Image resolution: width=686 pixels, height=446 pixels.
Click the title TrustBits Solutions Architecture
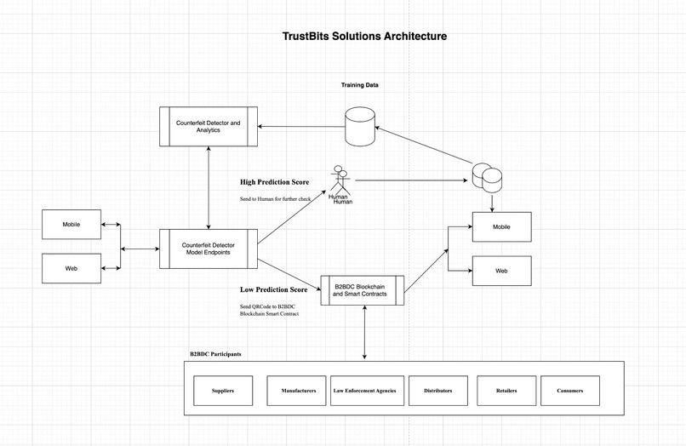click(364, 37)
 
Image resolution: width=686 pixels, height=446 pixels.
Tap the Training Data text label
click(359, 85)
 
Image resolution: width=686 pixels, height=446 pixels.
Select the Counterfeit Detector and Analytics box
click(209, 126)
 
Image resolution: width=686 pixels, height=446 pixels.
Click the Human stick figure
click(340, 180)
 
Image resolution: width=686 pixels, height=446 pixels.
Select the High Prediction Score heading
click(275, 181)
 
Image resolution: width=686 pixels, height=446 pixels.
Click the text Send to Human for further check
click(275, 199)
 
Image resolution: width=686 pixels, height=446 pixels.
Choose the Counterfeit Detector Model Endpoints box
click(209, 249)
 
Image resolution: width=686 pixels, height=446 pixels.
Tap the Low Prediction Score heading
click(273, 289)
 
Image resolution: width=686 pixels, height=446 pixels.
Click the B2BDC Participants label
click(215, 353)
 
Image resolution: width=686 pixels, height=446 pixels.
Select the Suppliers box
click(222, 391)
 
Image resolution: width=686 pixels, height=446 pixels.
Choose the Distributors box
click(437, 391)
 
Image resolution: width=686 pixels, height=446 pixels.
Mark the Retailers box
click(506, 391)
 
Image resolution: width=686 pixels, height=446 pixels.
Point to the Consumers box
click(569, 391)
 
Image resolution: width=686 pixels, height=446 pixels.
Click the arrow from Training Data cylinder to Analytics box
click(301, 127)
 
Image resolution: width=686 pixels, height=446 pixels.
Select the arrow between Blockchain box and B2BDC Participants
click(364, 333)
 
